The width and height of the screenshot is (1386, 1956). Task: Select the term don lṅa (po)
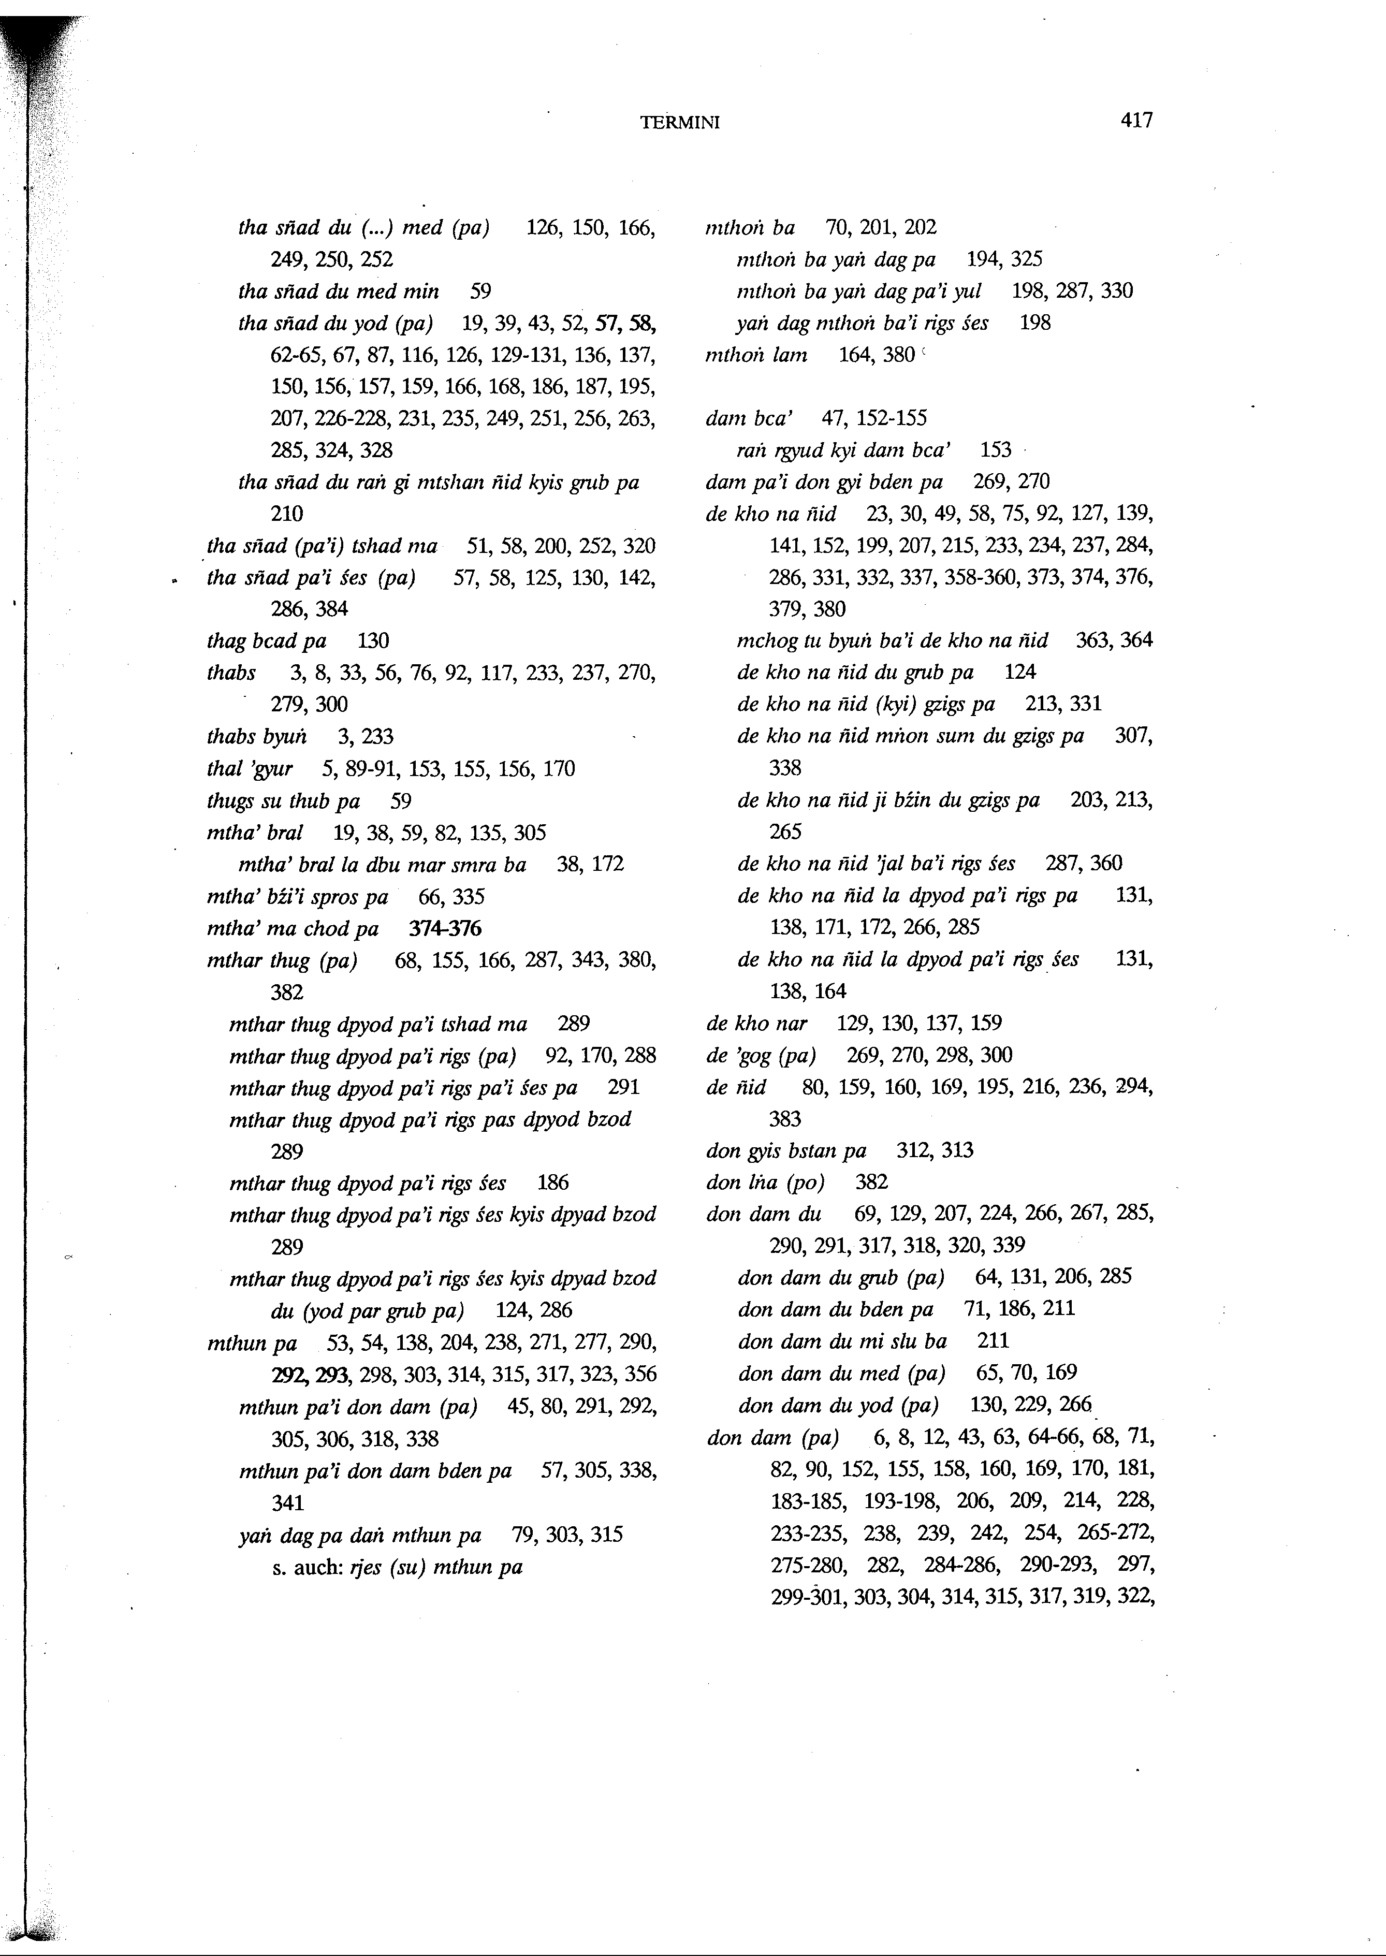pyautogui.click(x=765, y=1182)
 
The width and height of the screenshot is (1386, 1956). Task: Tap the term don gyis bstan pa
pyautogui.click(x=786, y=1150)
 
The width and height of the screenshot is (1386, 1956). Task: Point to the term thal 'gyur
pyautogui.click(x=249, y=769)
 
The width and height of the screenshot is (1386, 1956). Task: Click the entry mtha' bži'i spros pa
pyautogui.click(x=297, y=897)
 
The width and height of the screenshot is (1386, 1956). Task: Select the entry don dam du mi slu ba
pyautogui.click(x=841, y=1341)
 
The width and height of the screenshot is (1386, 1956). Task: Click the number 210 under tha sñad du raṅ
pyautogui.click(x=287, y=514)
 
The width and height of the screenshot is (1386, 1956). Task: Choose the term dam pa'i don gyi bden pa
pyautogui.click(x=824, y=482)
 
